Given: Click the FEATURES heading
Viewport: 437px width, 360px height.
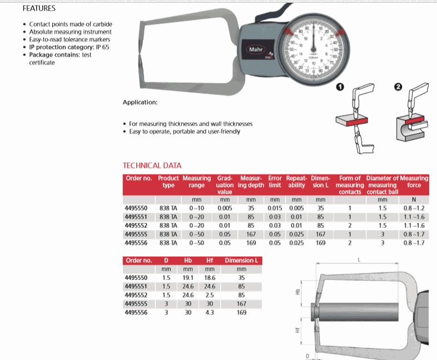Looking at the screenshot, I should tap(38, 9).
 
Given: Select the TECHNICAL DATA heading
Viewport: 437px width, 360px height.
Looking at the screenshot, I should tap(152, 166).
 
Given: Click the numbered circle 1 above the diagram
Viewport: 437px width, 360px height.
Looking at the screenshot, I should tap(340, 87).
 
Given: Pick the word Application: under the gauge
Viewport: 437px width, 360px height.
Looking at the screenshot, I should tap(140, 103).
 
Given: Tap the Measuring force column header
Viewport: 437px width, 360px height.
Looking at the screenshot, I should tap(414, 181).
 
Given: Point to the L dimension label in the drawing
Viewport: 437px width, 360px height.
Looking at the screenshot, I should tap(359, 259).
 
